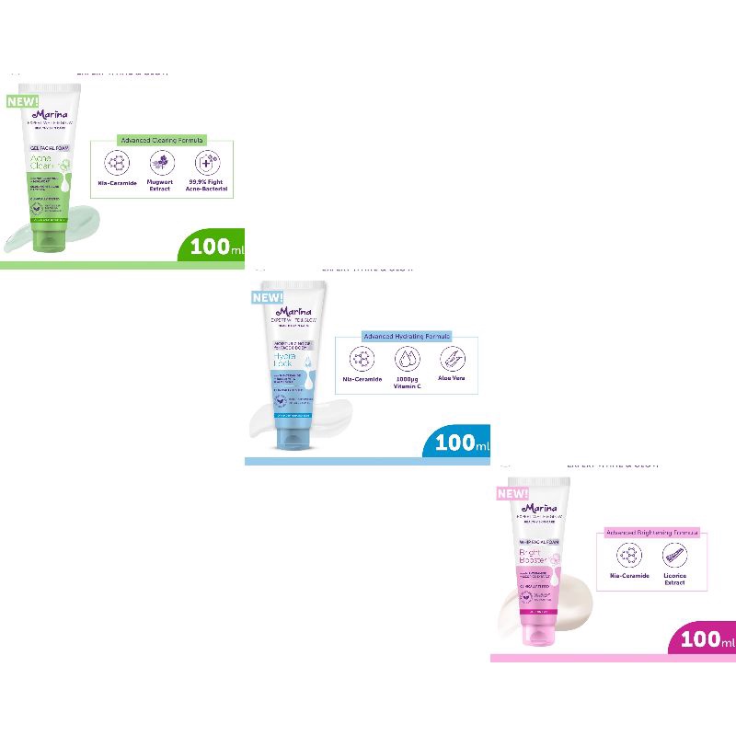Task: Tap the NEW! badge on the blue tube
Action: click(267, 297)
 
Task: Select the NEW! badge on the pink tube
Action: click(512, 494)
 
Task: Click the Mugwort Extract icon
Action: click(161, 164)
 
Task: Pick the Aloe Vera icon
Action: click(452, 359)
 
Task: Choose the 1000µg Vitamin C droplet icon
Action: click(406, 359)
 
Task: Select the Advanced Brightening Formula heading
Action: click(652, 533)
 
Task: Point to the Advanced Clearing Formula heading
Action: click(161, 140)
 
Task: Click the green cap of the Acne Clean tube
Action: click(47, 238)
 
